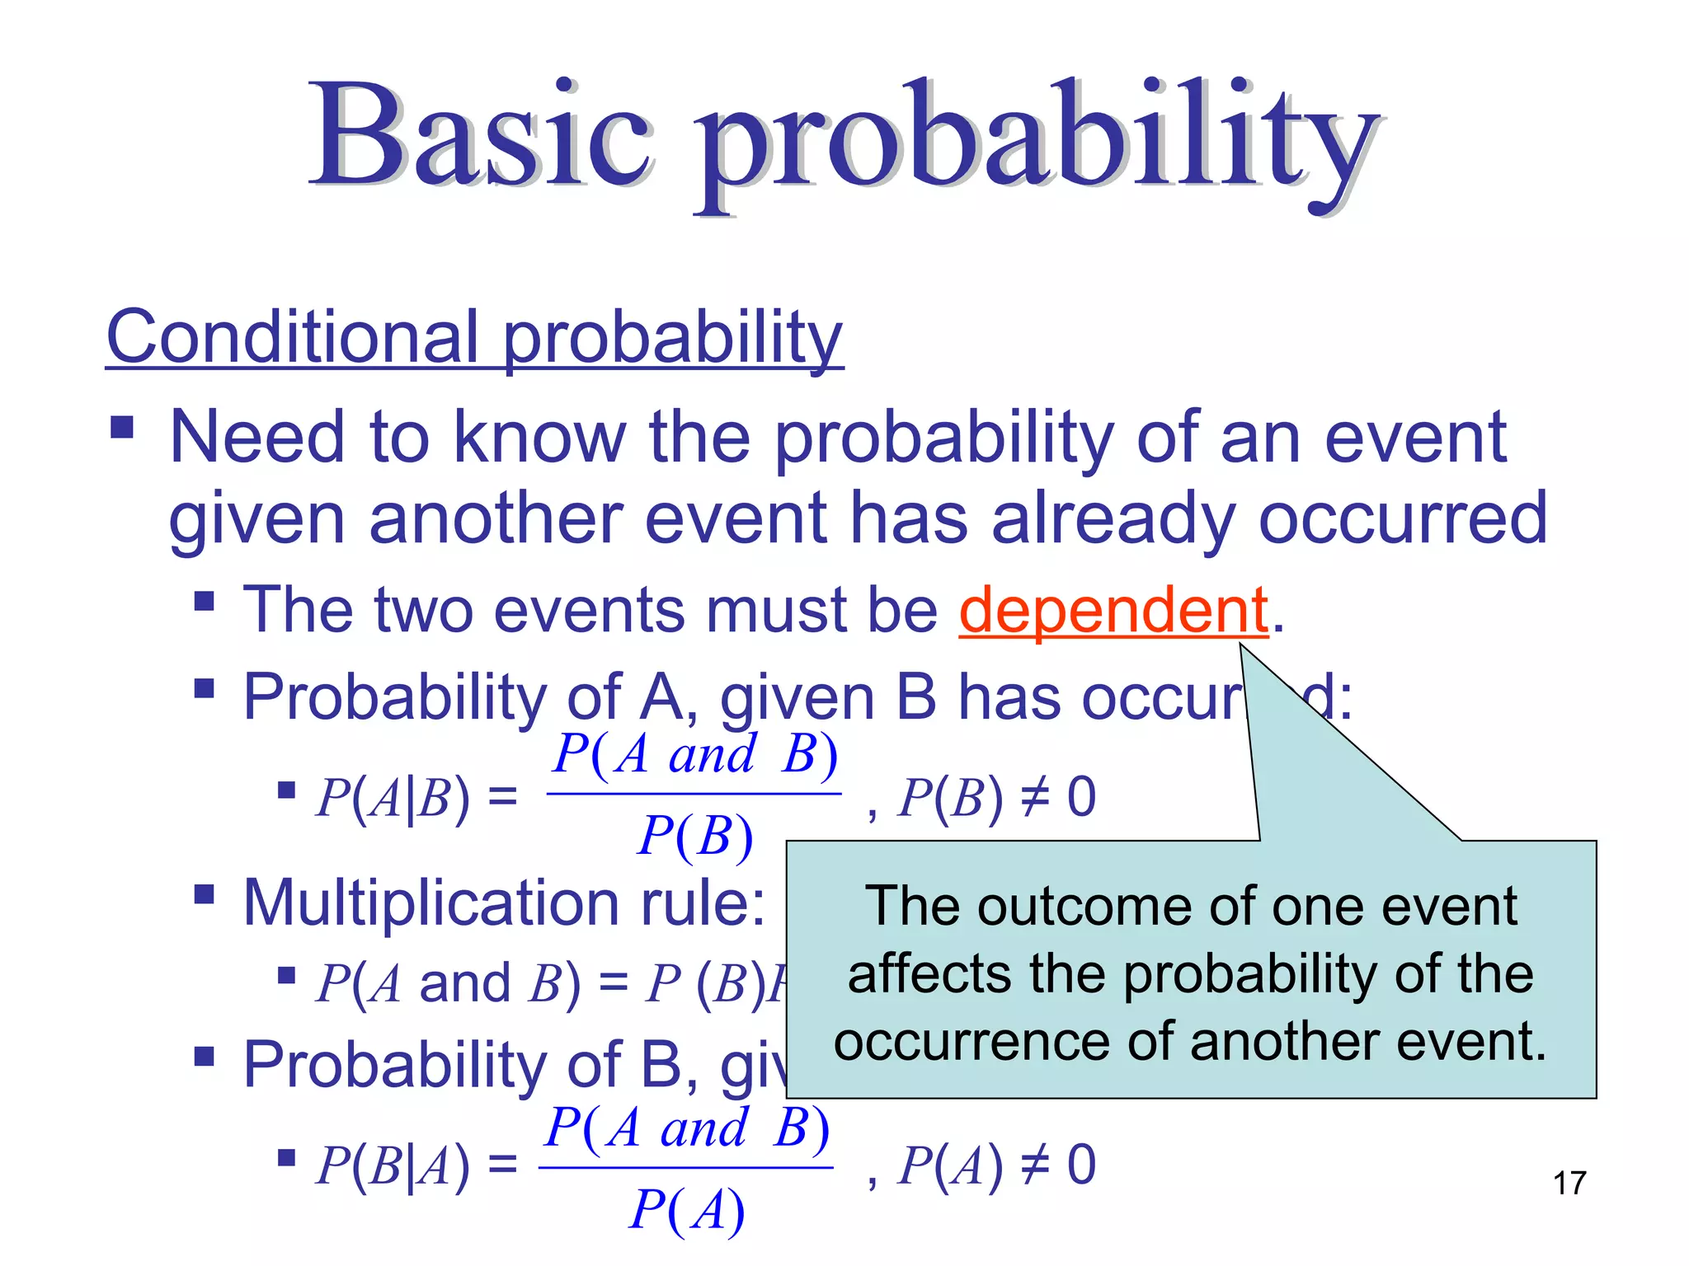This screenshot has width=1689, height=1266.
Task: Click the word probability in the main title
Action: pyautogui.click(x=1035, y=140)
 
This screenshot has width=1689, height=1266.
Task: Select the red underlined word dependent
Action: pyautogui.click(x=1113, y=610)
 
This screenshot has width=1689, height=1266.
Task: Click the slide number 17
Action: pyautogui.click(x=1569, y=1183)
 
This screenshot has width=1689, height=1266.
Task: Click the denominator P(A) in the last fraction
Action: pyautogui.click(x=687, y=1209)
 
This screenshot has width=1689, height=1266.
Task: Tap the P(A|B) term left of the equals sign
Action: pyautogui.click(x=393, y=798)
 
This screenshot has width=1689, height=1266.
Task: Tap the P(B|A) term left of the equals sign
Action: pyautogui.click(x=393, y=1165)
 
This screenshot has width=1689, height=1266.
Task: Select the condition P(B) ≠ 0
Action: pyautogui.click(x=996, y=797)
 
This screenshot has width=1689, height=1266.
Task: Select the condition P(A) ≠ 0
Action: pyautogui.click(x=996, y=1165)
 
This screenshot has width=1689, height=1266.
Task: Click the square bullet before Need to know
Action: pyautogui.click(x=122, y=427)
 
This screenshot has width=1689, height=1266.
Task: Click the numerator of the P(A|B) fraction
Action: pyautogui.click(x=695, y=753)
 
